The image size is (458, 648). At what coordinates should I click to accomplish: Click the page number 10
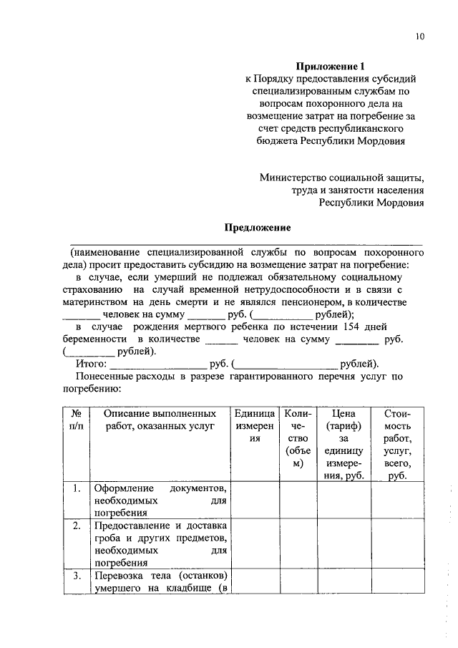click(419, 37)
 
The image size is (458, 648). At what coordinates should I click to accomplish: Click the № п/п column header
click(76, 420)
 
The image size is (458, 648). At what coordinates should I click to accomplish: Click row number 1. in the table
click(76, 489)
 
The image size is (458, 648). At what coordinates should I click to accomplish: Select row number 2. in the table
click(76, 526)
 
